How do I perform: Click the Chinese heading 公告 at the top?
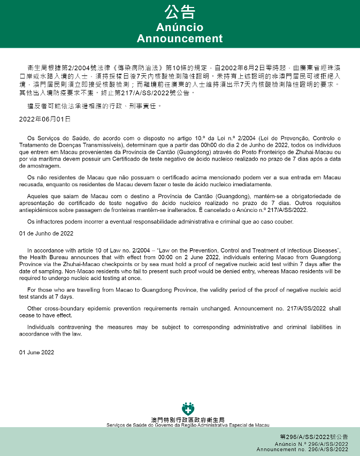[x=180, y=12]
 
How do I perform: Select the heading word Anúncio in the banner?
[x=180, y=27]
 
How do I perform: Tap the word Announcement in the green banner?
[x=180, y=39]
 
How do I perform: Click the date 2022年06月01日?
[x=41, y=118]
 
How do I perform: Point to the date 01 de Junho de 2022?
[x=46, y=233]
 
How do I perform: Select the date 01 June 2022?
[x=36, y=352]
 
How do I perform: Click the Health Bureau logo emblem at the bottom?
[x=188, y=409]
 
